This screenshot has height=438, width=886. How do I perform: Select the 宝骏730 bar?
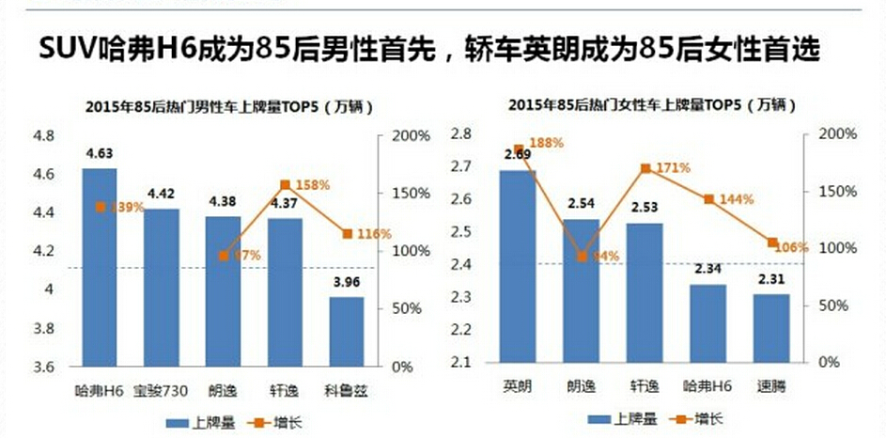(162, 288)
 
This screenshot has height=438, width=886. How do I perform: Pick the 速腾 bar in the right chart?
(772, 328)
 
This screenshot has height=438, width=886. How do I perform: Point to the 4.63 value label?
(100, 152)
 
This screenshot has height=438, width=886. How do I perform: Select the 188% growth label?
(545, 143)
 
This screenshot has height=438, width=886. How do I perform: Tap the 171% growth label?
(672, 167)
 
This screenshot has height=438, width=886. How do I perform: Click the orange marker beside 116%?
(348, 233)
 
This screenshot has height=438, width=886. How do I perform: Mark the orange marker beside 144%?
(708, 199)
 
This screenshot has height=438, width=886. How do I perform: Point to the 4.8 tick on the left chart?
(43, 135)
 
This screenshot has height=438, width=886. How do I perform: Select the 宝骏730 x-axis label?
(162, 387)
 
